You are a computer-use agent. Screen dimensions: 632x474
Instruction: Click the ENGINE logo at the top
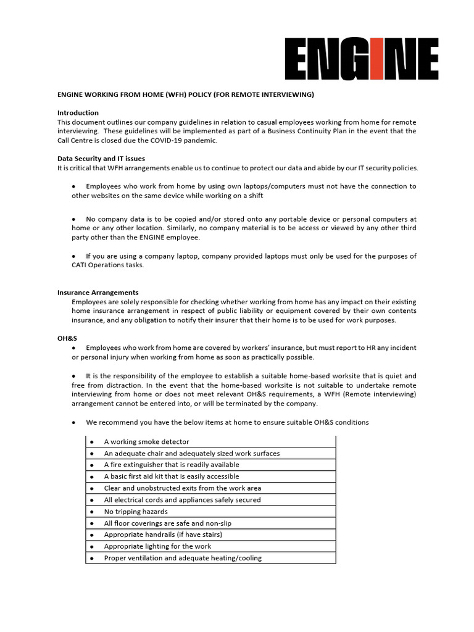pyautogui.click(x=362, y=59)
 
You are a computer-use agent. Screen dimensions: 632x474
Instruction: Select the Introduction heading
pyautogui.click(x=78, y=113)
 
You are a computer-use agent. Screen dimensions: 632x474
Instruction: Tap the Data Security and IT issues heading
pyautogui.click(x=101, y=159)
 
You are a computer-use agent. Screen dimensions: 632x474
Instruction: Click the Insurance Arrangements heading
pyautogui.click(x=98, y=293)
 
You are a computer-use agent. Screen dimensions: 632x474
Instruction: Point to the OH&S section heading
pyautogui.click(x=67, y=339)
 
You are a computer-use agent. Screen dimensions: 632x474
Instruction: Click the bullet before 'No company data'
pyautogui.click(x=74, y=219)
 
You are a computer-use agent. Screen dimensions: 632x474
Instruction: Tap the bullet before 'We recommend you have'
pyautogui.click(x=74, y=423)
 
